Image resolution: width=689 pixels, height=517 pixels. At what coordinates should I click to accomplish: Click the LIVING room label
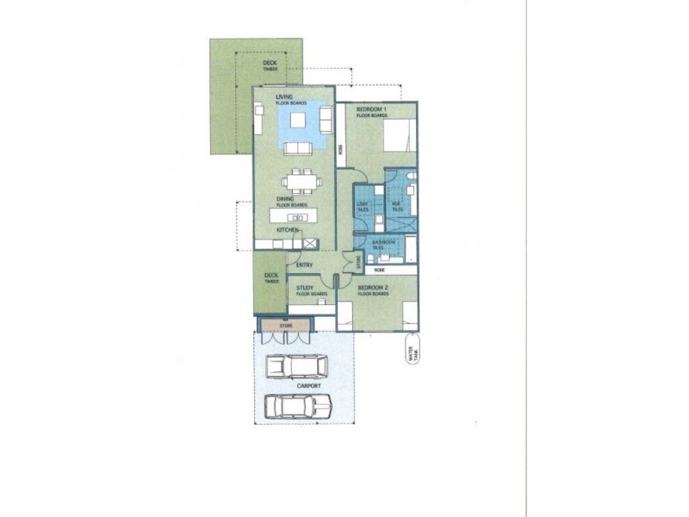284,97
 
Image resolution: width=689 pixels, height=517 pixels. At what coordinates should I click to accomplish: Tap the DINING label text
286,199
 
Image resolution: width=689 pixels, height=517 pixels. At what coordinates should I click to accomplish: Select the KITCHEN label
287,232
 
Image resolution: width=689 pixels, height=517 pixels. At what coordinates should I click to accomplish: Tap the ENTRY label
304,265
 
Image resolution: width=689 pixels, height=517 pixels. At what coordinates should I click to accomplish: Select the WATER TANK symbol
412,354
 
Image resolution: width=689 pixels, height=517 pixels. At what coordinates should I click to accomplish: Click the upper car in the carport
296,367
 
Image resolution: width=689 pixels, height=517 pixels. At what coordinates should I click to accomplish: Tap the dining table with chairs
301,181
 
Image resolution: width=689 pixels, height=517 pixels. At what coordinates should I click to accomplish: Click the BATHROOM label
383,245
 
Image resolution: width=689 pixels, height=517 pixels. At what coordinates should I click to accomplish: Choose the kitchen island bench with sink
300,217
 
